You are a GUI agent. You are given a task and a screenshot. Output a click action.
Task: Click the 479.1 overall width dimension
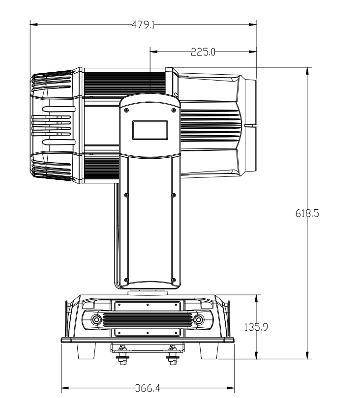coord(143,24)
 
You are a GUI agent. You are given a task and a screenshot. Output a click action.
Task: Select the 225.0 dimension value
coord(203,52)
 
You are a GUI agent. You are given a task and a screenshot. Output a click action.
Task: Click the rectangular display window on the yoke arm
coord(150,130)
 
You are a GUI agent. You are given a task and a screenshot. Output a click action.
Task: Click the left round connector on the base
coord(97,319)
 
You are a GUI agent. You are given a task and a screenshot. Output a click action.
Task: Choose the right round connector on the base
coord(199,319)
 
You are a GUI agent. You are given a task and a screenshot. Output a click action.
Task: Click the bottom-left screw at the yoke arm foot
coord(126,281)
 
